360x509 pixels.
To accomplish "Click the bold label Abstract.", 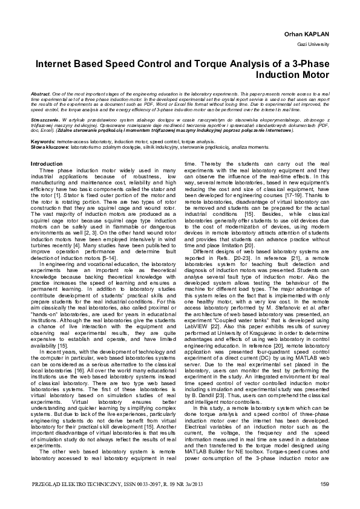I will [40, 96].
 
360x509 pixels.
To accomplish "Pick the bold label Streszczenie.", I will [45, 120].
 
